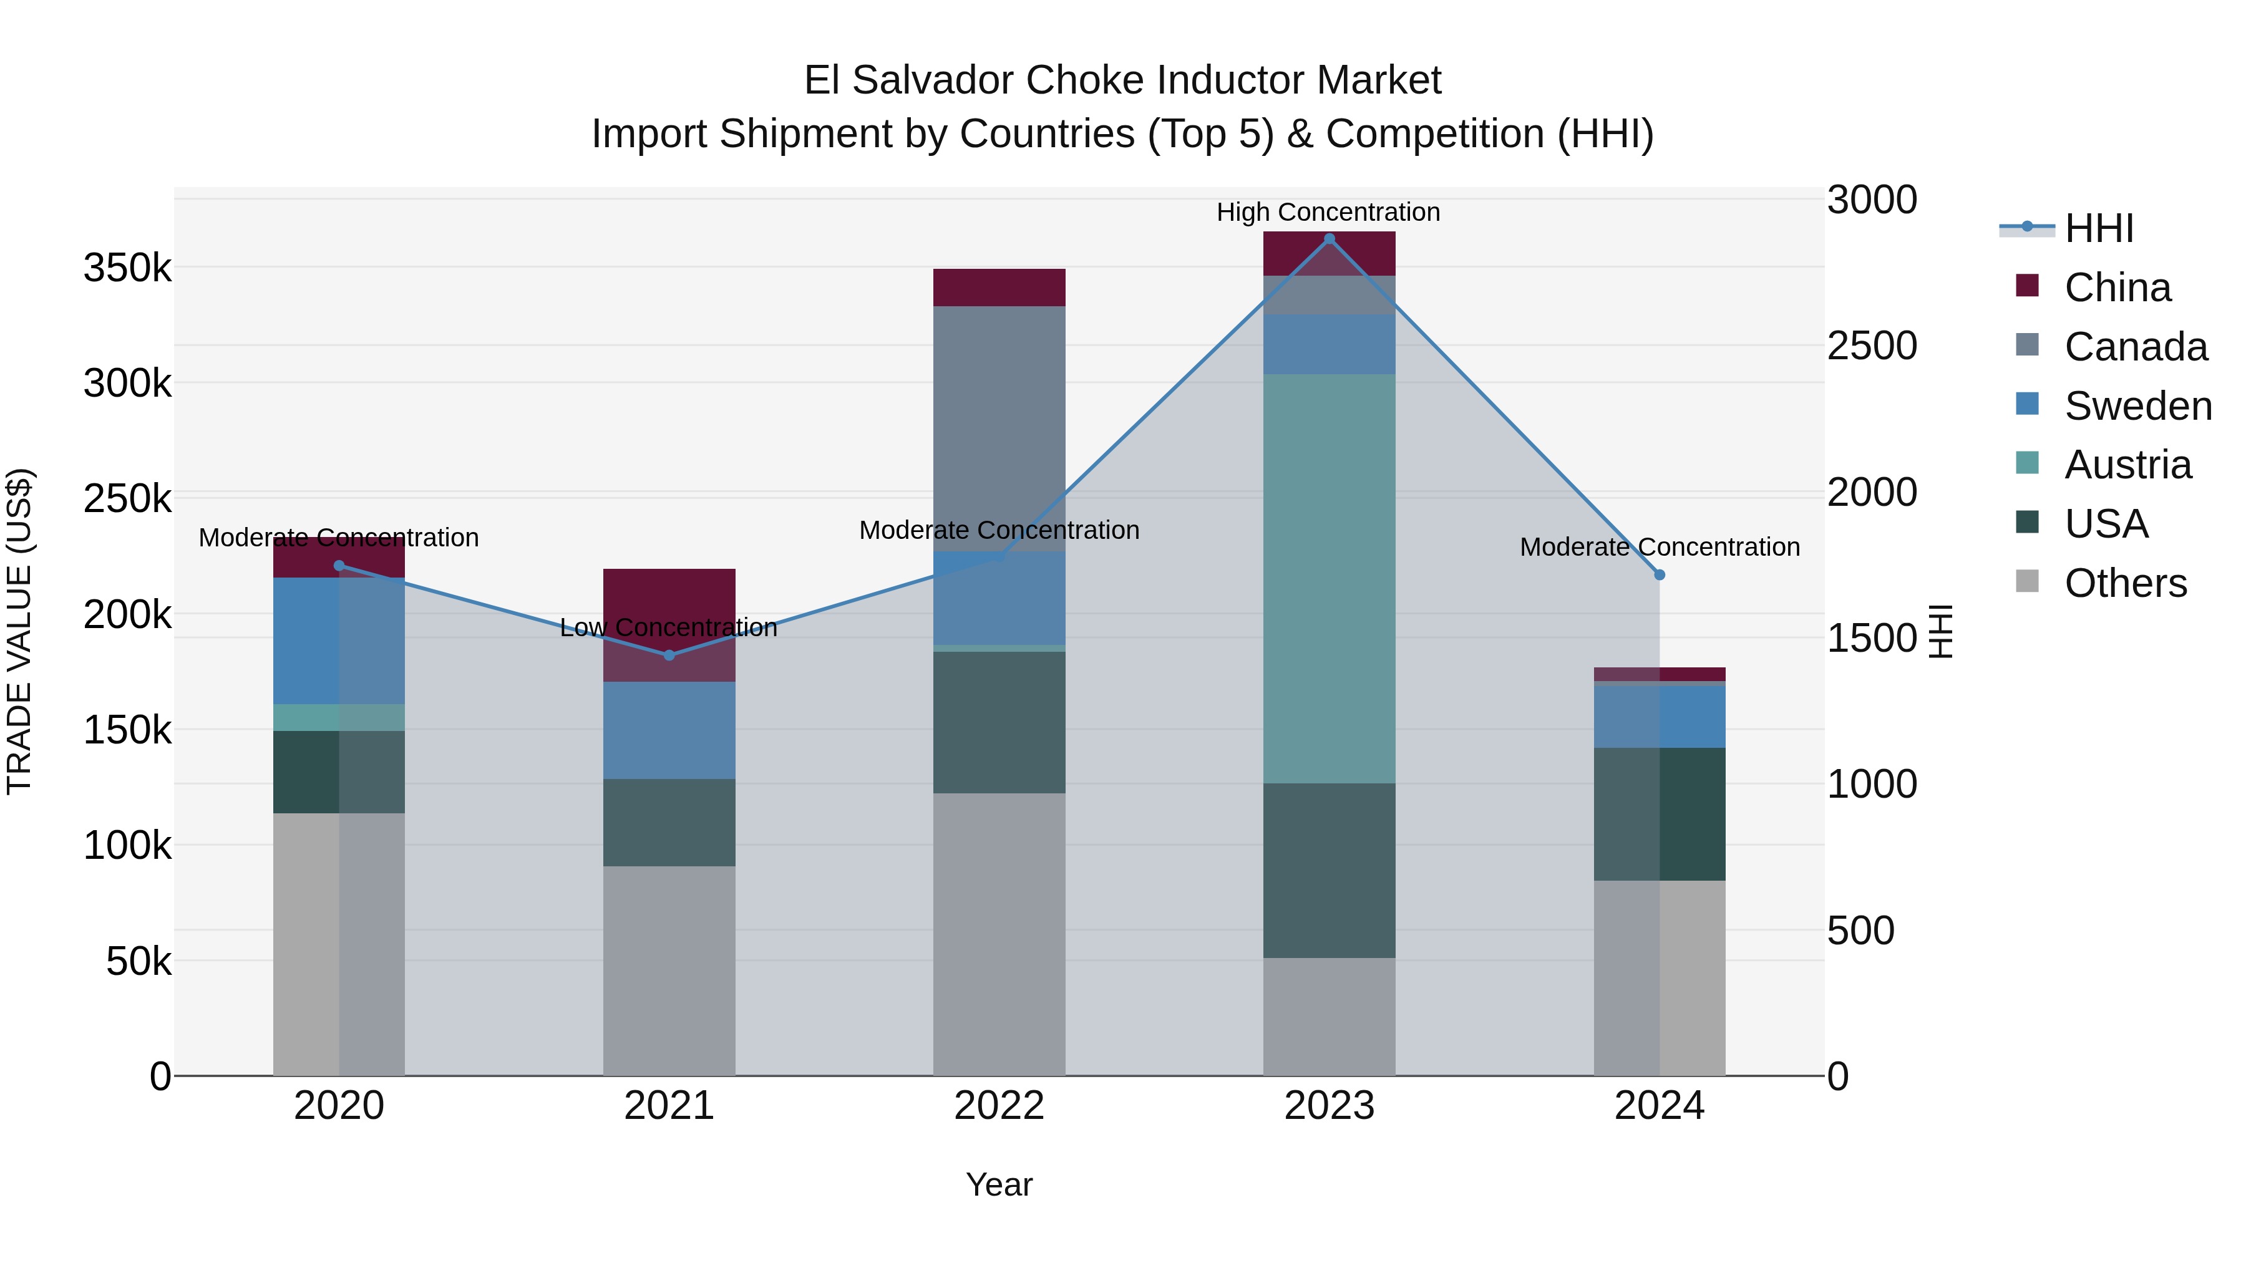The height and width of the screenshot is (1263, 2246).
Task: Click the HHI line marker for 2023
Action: (x=1329, y=239)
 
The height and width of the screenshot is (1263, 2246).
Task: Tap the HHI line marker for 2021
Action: (x=669, y=656)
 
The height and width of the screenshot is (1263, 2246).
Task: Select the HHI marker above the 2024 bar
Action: (x=1659, y=575)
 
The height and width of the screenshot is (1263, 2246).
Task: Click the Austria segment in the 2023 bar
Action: (x=1329, y=579)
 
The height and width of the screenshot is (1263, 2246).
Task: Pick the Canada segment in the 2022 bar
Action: (x=999, y=428)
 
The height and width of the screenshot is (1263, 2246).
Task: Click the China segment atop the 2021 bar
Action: (x=669, y=625)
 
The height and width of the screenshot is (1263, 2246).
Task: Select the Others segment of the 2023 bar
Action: (x=1329, y=1017)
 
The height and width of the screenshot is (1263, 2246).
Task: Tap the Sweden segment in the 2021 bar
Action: (x=669, y=730)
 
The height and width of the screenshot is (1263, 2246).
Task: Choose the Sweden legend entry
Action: (x=2136, y=406)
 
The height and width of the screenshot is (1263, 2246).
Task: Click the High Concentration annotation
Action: (x=1328, y=212)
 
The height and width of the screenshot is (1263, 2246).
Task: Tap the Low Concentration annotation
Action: (x=669, y=627)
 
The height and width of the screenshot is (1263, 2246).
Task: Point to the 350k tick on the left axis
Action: (x=127, y=268)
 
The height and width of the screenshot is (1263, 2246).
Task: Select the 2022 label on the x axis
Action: (x=999, y=1106)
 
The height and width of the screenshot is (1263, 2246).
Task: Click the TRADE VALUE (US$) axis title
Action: (x=19, y=631)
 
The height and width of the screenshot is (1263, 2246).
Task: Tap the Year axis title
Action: (x=999, y=1184)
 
